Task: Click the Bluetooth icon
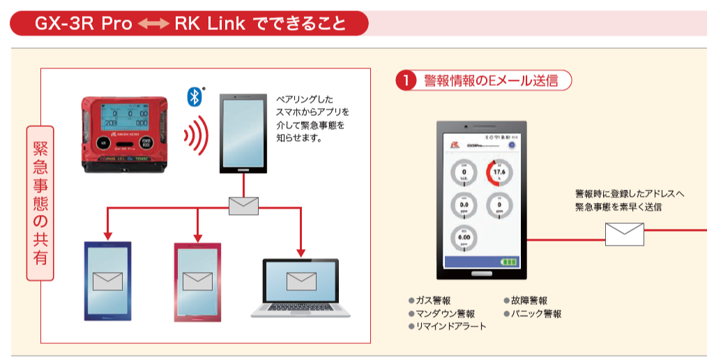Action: point(195,97)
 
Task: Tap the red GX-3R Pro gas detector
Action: point(123,133)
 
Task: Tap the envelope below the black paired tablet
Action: point(243,206)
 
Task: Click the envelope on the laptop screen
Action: point(301,280)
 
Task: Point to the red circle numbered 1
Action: point(406,81)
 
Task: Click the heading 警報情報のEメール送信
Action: point(491,81)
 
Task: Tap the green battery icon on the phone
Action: point(511,262)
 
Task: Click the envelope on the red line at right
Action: point(624,234)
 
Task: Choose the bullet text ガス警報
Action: point(432,301)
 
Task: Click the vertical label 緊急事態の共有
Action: point(40,203)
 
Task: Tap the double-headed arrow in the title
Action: point(153,24)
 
